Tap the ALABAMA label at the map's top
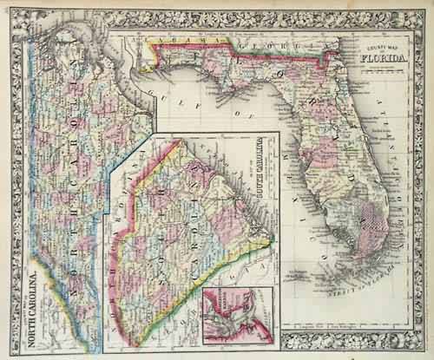coord(177,42)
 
